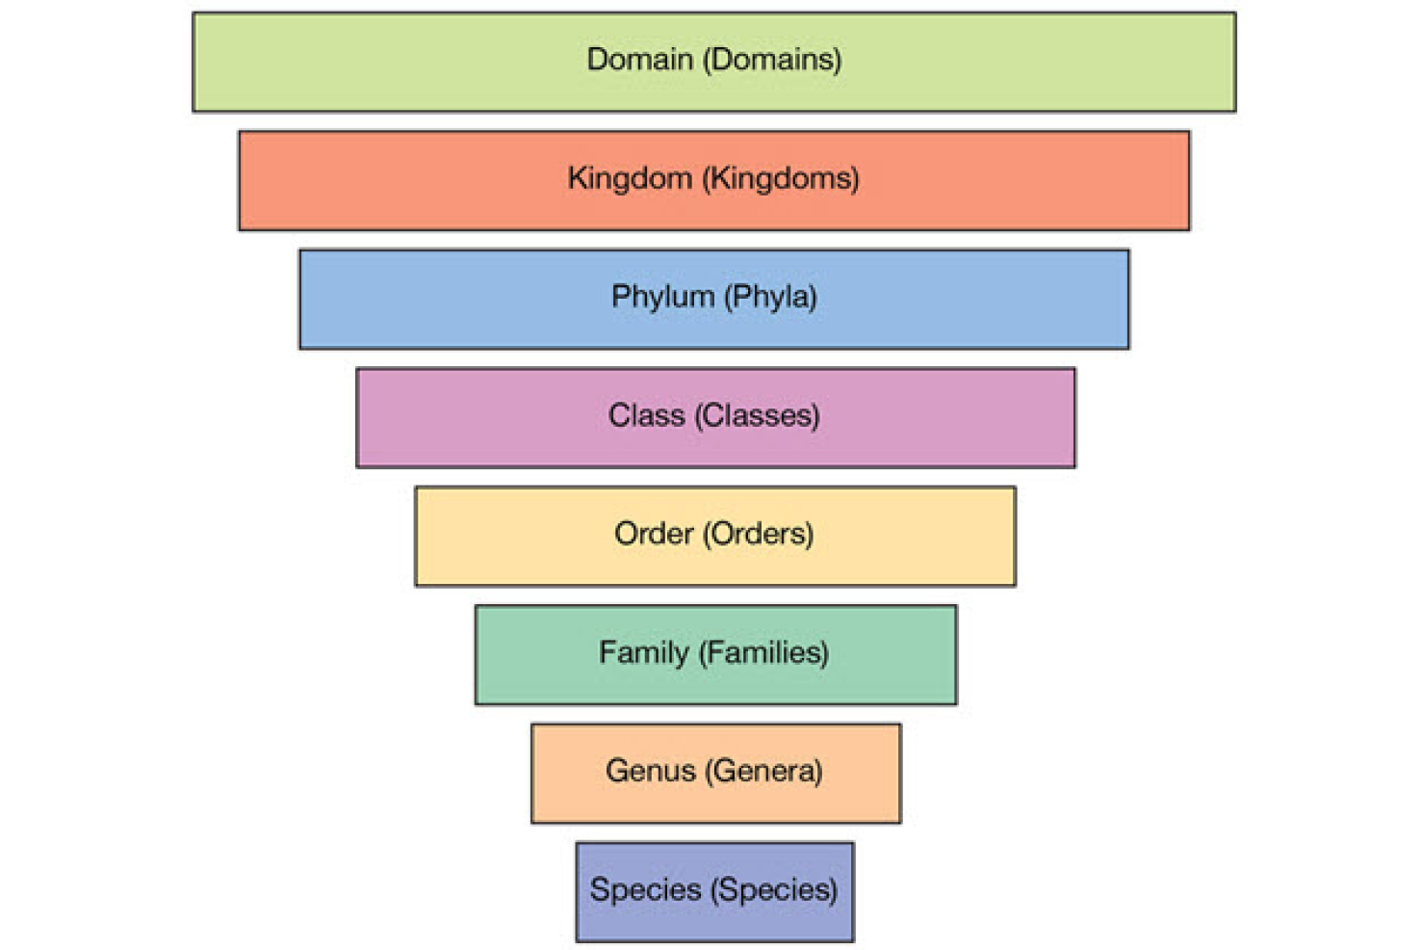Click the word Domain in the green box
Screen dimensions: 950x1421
pos(639,60)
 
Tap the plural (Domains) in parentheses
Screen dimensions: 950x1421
pos(772,60)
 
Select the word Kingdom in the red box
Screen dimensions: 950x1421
pos(630,178)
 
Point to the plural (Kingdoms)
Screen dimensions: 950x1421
pos(781,178)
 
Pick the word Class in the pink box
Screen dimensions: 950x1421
pos(645,415)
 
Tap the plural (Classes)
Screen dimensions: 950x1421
pos(758,415)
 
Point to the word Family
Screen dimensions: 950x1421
pos(643,653)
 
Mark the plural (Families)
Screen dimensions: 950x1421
pos(764,653)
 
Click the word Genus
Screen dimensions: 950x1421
pos(650,771)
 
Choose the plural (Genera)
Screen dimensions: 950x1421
pos(763,771)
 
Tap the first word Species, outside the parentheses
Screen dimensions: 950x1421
pos(645,889)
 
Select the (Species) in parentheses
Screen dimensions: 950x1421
pos(774,889)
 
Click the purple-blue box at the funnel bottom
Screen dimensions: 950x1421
pos(714,920)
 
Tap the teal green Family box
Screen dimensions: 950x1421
pos(715,683)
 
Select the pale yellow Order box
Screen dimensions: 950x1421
pos(714,565)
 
